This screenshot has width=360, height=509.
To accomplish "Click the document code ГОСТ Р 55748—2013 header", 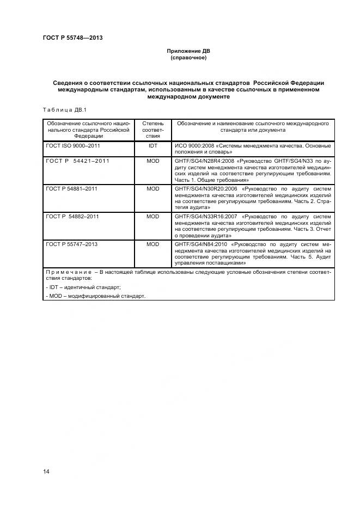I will click(72, 38).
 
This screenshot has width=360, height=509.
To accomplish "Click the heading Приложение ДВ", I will click(188, 51).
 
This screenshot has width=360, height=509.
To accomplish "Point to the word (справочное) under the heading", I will click(188, 58).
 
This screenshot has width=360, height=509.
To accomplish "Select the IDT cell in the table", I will click(152, 146).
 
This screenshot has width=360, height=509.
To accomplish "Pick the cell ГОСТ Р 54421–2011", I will click(78, 161).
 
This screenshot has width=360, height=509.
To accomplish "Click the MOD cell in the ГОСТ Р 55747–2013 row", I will click(152, 244).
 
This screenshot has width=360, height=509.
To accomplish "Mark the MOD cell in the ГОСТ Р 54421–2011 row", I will click(152, 161).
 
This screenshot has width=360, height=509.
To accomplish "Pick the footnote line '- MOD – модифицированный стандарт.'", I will click(96, 296).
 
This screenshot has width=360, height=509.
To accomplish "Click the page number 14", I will click(46, 471).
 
